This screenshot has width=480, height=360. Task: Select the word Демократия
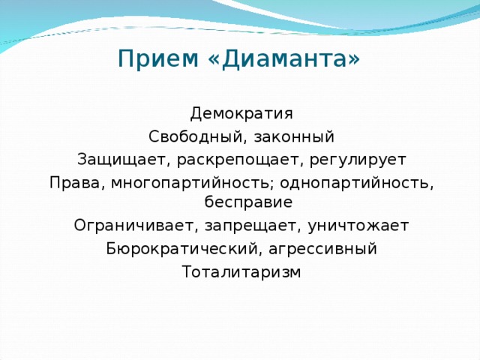click(x=241, y=114)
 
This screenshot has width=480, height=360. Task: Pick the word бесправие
click(x=241, y=202)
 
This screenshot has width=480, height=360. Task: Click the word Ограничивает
click(x=122, y=226)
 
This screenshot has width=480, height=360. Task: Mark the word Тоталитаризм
click(x=241, y=271)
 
